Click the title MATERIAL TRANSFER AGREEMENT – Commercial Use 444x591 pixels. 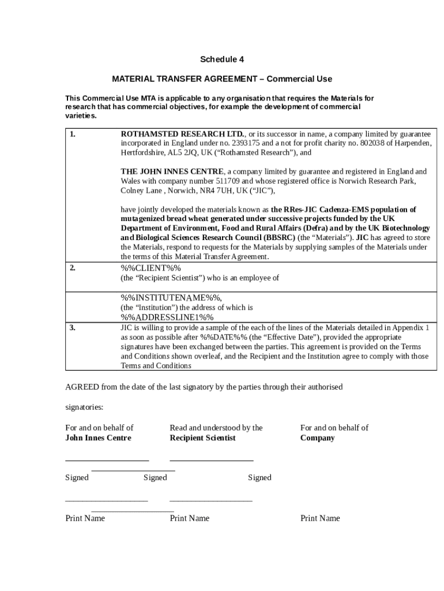coord(222,78)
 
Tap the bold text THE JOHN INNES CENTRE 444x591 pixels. coord(172,171)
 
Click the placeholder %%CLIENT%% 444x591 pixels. coord(150,268)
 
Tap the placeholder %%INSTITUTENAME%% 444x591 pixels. coord(171,298)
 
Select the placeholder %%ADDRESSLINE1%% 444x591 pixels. coord(167,317)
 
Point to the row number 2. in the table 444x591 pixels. coord(73,268)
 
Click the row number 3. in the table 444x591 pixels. coord(73,328)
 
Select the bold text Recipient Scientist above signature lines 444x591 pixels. coord(202,437)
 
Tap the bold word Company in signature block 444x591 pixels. coord(317,437)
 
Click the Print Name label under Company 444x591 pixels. coord(320,518)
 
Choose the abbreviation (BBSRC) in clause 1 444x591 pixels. coord(280,237)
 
